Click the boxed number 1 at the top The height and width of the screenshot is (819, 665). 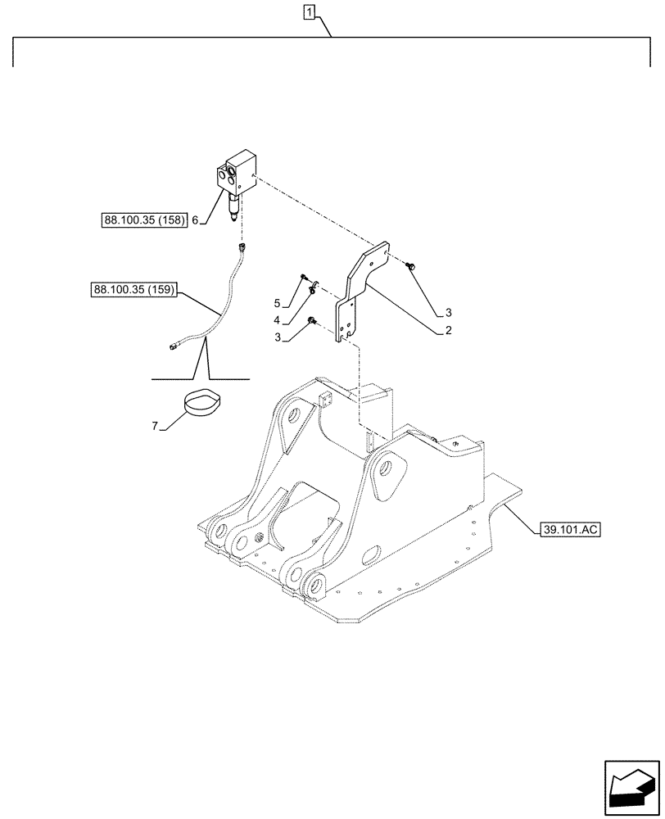point(309,12)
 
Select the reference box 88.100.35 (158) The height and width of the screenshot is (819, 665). point(145,220)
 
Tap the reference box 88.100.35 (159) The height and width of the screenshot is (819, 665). point(134,289)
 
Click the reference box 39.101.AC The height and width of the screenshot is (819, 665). point(570,530)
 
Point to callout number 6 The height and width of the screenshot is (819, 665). point(195,220)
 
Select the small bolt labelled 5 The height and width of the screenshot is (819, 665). point(303,277)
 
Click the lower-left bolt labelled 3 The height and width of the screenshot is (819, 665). point(312,321)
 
